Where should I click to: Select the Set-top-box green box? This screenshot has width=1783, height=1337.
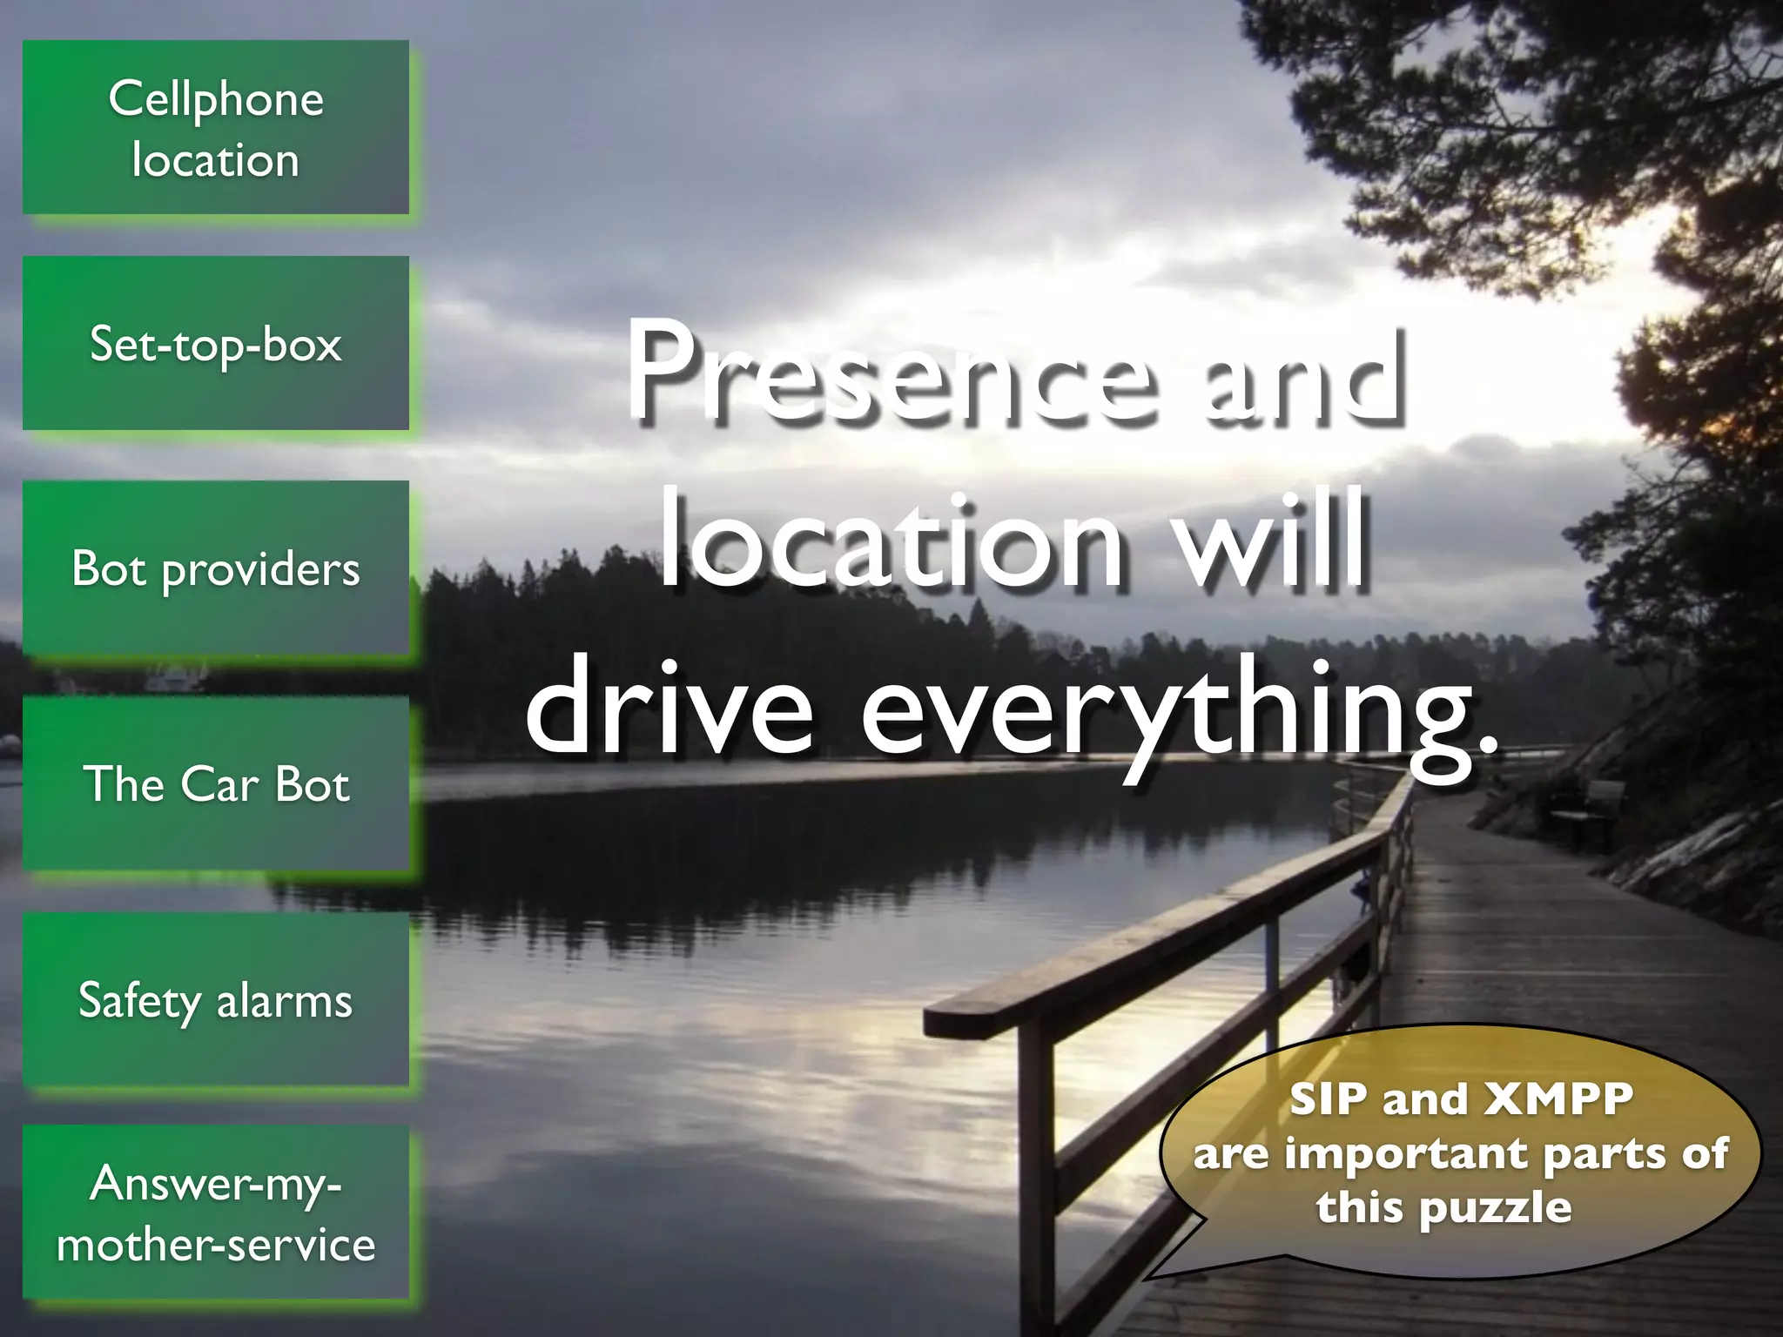pyautogui.click(x=215, y=343)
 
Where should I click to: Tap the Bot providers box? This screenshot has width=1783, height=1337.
pyautogui.click(x=215, y=568)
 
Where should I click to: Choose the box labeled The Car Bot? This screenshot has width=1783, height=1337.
pyautogui.click(x=215, y=783)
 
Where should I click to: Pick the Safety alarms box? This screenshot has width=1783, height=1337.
pyautogui.click(x=215, y=999)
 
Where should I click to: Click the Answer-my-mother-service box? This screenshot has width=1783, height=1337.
pyautogui.click(x=215, y=1213)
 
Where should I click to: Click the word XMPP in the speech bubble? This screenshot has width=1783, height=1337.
pyautogui.click(x=1558, y=1098)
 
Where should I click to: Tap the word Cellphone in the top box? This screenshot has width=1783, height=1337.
pyautogui.click(x=216, y=98)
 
